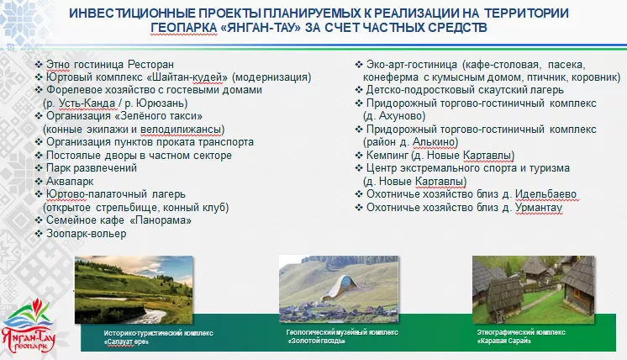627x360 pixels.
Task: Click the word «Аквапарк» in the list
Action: tap(70, 181)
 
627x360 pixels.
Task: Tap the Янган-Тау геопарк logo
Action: tap(28, 326)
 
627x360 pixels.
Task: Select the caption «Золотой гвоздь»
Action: tap(316, 341)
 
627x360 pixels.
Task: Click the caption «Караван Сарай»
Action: tap(503, 341)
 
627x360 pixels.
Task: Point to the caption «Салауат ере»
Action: tap(126, 342)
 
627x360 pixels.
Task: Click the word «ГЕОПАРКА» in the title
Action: tap(184, 28)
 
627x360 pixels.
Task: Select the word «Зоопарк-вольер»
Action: tap(87, 233)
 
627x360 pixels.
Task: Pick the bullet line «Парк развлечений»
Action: tap(87, 168)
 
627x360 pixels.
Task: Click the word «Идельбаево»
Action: tap(545, 194)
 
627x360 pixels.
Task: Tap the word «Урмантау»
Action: tap(539, 208)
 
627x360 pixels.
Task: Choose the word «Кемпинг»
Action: tap(387, 156)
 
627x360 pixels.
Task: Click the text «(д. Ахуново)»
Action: tap(394, 116)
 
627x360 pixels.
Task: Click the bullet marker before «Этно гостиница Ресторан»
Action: tap(39, 65)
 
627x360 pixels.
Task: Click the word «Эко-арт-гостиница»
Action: tap(412, 65)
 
